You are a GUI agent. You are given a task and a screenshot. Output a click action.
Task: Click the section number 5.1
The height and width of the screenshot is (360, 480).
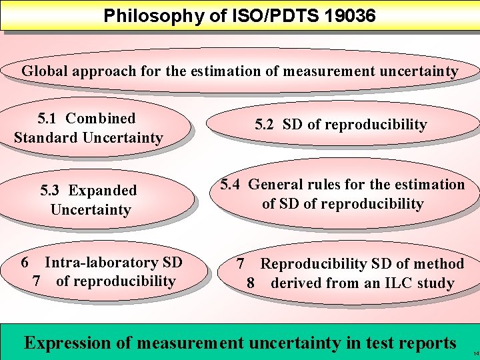click(47, 119)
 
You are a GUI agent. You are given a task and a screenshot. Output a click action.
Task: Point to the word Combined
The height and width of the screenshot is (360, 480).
click(100, 119)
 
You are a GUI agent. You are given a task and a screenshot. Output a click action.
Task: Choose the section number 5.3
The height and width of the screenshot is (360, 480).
click(49, 191)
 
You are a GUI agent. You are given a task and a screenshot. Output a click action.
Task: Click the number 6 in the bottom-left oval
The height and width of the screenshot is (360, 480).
click(25, 263)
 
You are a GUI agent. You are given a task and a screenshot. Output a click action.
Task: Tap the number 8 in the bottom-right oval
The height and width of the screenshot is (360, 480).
click(251, 283)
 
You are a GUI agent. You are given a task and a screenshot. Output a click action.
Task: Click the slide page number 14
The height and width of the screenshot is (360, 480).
click(474, 352)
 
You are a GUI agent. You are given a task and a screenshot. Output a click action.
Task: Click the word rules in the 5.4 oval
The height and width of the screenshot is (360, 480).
click(327, 185)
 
